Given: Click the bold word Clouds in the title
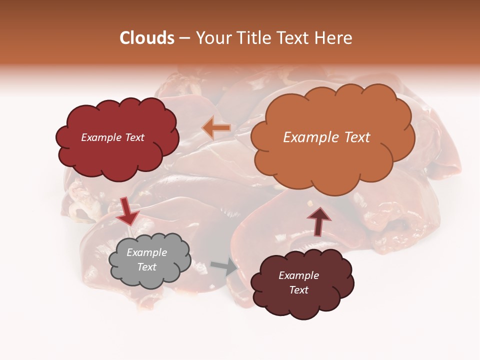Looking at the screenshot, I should click(147, 38).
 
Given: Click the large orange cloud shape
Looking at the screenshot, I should click(332, 160).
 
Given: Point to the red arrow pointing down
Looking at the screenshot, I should click(128, 211).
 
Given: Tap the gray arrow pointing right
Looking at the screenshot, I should click(224, 266).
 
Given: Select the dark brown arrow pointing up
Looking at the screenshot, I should click(318, 220).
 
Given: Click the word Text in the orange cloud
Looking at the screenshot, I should click(357, 137).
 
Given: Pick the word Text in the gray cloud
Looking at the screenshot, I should click(147, 267).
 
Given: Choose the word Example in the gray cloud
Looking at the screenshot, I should click(147, 252).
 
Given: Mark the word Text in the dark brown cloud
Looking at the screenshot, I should click(299, 290).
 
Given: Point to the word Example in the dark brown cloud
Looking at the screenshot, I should click(299, 275).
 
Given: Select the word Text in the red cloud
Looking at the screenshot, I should click(134, 137).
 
